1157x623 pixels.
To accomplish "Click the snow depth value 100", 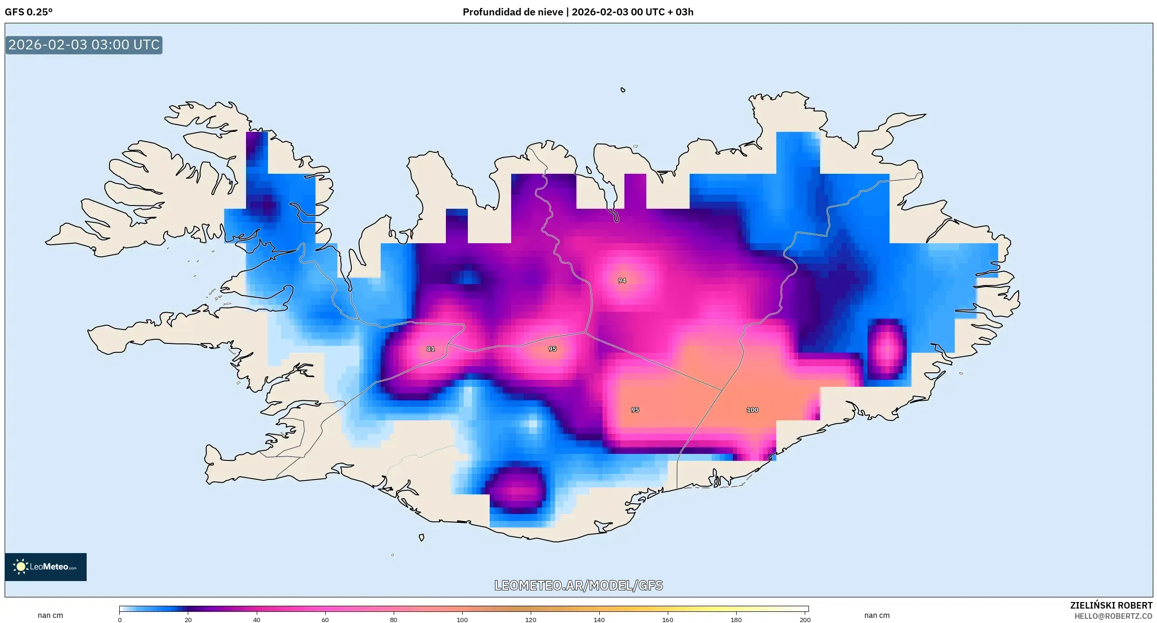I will [752, 410].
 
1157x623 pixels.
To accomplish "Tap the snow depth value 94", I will [622, 281].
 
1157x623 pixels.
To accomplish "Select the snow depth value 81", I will [431, 349].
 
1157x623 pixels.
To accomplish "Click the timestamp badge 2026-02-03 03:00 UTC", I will [84, 45].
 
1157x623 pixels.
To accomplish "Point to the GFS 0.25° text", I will [29, 12].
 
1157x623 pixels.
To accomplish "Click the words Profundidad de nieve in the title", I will [513, 12].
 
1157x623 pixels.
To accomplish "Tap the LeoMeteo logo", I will [46, 567].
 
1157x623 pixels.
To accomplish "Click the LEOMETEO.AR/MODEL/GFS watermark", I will [578, 585].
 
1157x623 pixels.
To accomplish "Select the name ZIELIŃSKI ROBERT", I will [1111, 605].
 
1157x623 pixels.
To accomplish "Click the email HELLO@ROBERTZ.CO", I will [1113, 616].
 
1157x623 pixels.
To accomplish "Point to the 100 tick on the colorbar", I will [462, 620].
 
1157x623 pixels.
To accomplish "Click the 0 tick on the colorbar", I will [120, 620].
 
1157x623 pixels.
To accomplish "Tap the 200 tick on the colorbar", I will [805, 620].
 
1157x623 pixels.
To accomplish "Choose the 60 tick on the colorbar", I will [325, 620].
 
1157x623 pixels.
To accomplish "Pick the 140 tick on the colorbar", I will [599, 620].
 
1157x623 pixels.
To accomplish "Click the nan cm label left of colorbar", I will [50, 615].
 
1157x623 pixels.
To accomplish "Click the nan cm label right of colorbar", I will [876, 615].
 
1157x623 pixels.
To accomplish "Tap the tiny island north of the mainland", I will [623, 90].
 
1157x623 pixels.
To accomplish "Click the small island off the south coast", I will [421, 537].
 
